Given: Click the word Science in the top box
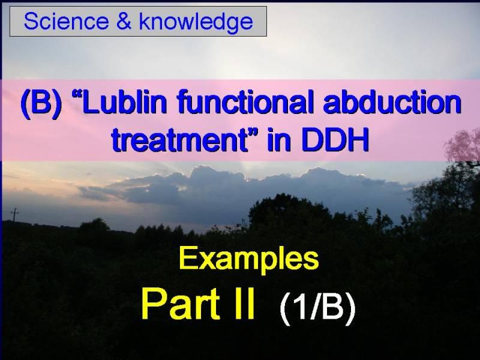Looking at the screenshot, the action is click(66, 22).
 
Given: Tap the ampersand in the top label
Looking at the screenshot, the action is click(124, 22).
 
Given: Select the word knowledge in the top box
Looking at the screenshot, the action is click(196, 22).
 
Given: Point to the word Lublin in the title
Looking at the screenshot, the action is click(124, 102).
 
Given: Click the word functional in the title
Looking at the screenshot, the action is click(245, 102).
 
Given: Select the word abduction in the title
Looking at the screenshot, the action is click(392, 102).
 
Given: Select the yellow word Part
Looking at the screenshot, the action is click(181, 304).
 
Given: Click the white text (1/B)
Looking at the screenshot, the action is click(318, 307).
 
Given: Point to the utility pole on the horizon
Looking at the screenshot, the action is click(14, 214).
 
